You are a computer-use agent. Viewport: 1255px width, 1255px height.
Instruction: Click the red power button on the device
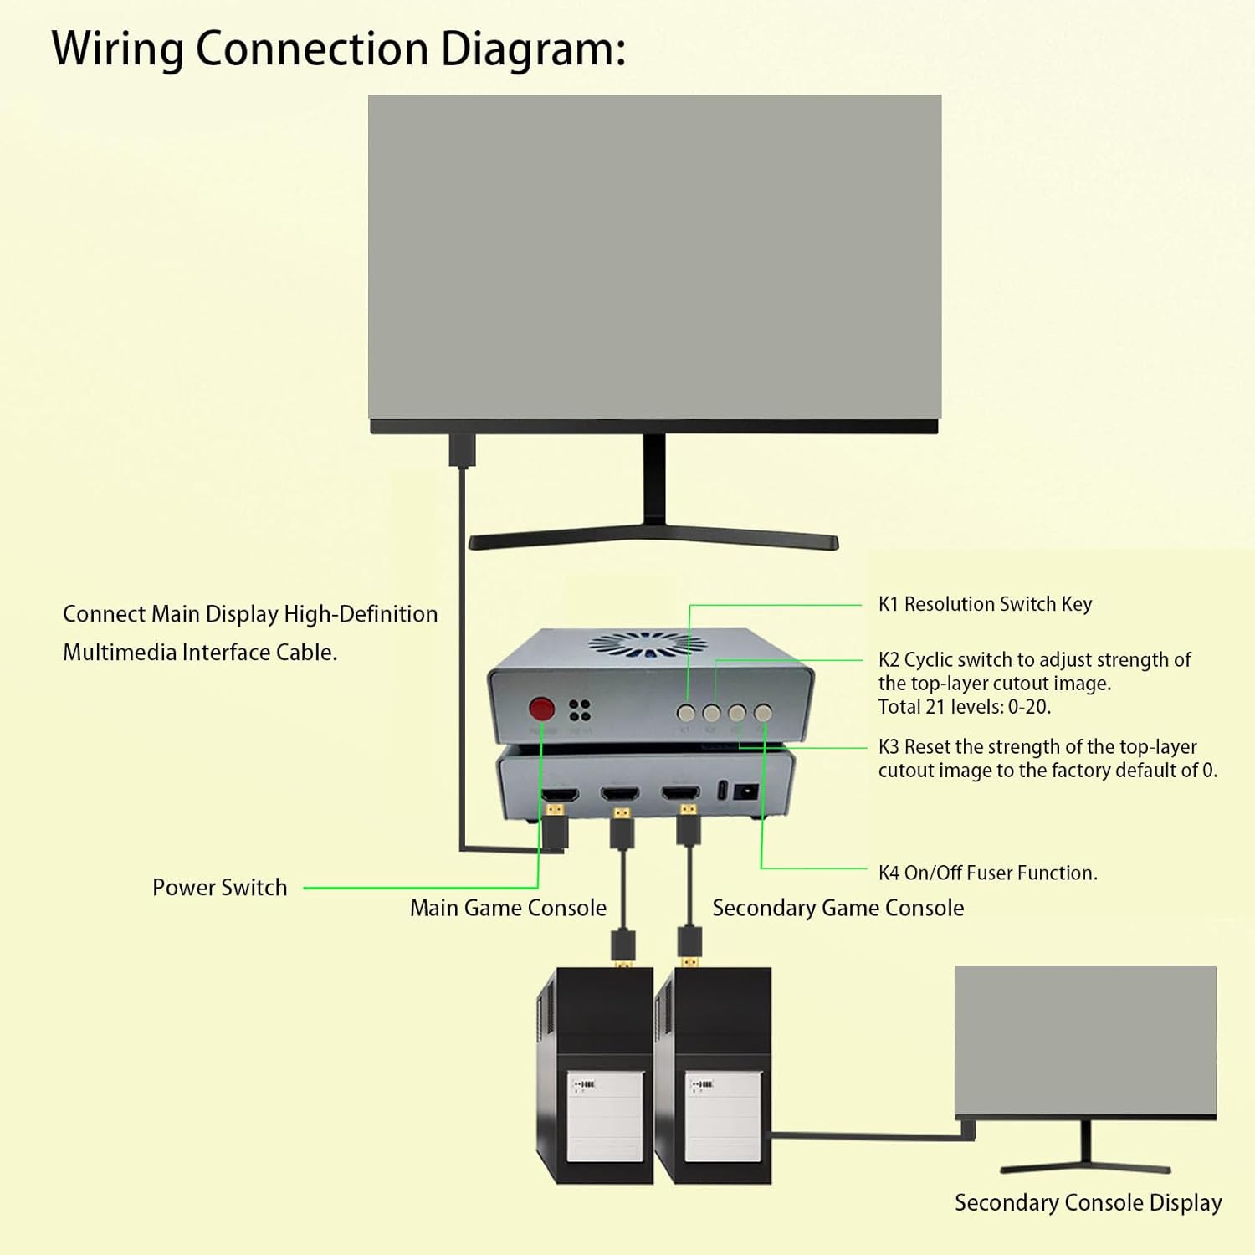[x=541, y=709]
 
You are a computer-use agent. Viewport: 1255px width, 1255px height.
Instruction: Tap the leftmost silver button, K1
[x=686, y=713]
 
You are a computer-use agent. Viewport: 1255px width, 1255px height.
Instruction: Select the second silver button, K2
[x=711, y=713]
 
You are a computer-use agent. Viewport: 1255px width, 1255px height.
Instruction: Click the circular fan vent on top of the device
[x=647, y=644]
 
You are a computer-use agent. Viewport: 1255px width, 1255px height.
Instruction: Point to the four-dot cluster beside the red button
[x=579, y=710]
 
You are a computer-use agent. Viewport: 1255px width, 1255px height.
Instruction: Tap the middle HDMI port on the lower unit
[x=620, y=792]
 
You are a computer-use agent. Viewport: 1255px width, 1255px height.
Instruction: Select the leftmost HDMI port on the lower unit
[x=560, y=793]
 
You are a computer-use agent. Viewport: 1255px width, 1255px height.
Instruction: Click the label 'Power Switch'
[x=219, y=888]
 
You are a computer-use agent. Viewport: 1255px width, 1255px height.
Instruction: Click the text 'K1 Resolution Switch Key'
[x=985, y=604]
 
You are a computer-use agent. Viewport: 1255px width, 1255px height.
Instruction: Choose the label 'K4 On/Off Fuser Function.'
[x=987, y=873]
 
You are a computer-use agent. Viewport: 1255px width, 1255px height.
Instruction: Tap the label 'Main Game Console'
[x=508, y=908]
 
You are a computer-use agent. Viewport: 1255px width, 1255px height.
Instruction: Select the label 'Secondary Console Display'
[x=1088, y=1202]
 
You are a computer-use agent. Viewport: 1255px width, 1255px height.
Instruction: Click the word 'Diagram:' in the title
[x=533, y=49]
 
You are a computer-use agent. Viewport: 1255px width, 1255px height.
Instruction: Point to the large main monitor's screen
[x=654, y=257]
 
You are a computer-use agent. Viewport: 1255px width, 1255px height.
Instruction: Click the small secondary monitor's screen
[x=1085, y=1040]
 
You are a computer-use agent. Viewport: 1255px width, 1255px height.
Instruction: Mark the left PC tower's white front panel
[x=605, y=1116]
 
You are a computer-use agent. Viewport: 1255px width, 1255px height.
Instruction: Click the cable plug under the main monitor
[x=462, y=449]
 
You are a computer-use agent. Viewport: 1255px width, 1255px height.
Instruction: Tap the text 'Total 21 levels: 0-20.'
[x=964, y=707]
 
